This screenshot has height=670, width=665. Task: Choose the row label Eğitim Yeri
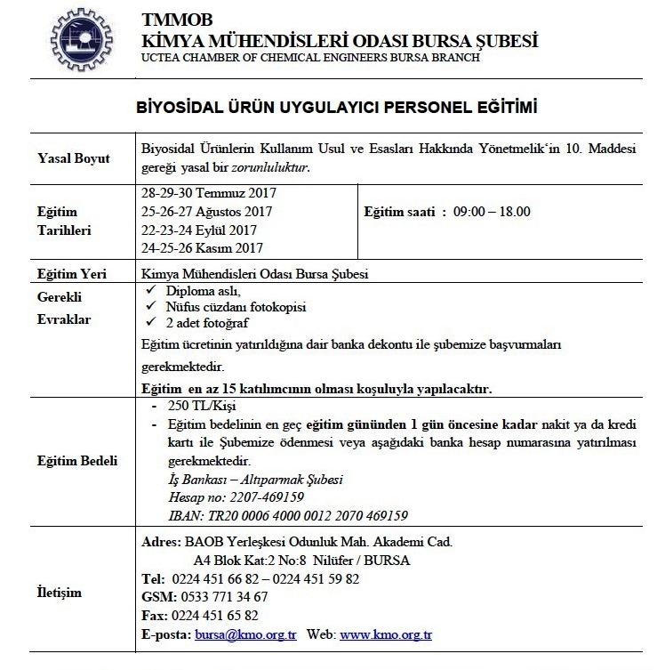pos(71,274)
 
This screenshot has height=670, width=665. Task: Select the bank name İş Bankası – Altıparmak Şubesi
pos(256,479)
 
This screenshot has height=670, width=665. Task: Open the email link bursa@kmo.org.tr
pos(245,635)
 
